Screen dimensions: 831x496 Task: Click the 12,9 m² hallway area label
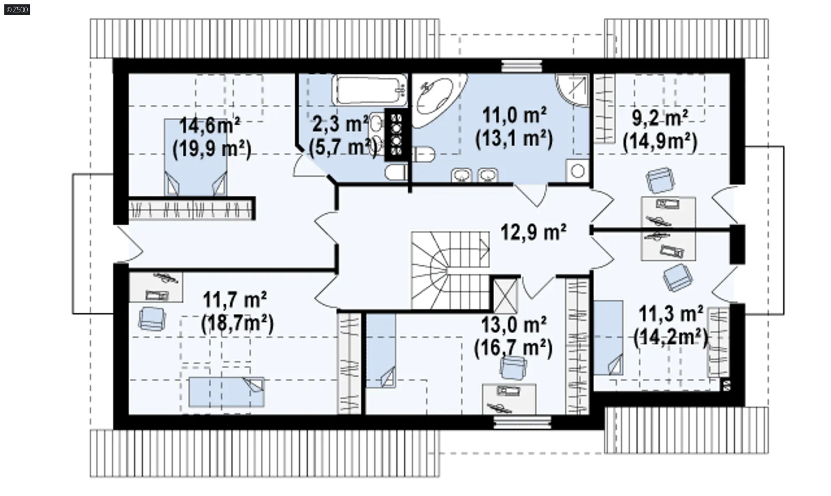tap(533, 232)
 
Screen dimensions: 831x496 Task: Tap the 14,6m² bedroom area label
tap(210, 126)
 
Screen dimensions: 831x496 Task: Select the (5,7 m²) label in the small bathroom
tap(342, 148)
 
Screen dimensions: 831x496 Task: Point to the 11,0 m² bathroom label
tap(514, 116)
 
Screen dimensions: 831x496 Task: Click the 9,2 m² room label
tap(660, 118)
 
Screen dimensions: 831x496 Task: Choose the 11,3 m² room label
tap(670, 314)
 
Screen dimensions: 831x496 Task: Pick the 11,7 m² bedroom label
tap(235, 300)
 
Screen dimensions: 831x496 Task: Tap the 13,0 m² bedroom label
tap(514, 324)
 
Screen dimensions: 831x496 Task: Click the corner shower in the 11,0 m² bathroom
tap(573, 90)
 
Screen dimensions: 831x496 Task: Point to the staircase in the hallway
tap(451, 271)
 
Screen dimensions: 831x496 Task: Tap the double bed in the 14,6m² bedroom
tap(196, 158)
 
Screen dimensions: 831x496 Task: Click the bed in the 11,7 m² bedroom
tap(226, 392)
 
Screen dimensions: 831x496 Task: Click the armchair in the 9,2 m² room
tap(660, 180)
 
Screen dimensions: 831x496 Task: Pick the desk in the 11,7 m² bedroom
tap(156, 287)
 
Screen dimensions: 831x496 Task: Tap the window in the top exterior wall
tap(522, 66)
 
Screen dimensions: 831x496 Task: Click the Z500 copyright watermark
tap(17, 10)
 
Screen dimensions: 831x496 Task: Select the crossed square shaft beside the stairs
tap(505, 296)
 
